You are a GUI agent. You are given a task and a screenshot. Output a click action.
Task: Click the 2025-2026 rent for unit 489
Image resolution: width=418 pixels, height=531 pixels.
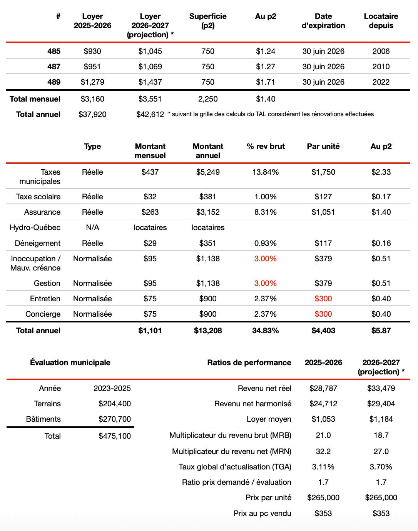[92, 82]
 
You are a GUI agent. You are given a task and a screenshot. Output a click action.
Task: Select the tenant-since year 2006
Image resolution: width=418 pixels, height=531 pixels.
[381, 51]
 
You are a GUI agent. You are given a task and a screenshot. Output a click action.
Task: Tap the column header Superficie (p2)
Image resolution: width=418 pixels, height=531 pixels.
[208, 21]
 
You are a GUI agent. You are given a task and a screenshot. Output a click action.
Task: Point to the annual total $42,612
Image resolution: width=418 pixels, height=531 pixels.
[150, 114]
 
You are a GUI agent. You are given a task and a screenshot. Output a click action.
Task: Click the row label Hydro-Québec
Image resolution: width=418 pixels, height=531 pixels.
[35, 227]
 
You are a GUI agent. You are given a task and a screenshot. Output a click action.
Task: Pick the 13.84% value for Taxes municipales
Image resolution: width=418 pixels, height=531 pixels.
[265, 172]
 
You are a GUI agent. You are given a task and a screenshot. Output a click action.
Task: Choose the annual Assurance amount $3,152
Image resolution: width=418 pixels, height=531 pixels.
[208, 212]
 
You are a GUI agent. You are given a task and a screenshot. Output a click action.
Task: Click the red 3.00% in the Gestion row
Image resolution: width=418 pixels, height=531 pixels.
[265, 283]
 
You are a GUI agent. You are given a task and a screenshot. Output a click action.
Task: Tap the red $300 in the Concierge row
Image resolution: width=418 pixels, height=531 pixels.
[323, 314]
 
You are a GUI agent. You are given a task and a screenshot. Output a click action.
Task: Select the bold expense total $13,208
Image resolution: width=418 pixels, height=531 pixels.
[208, 331]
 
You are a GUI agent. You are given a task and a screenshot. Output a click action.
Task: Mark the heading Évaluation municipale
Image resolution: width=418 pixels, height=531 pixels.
[70, 362]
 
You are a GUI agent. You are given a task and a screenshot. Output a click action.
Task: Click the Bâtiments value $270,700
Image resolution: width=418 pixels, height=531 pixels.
[115, 419]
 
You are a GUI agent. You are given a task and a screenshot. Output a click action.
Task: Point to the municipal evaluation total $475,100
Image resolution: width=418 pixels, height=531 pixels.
[115, 436]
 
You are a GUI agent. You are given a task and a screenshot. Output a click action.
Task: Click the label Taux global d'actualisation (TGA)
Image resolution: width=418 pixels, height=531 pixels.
[235, 467]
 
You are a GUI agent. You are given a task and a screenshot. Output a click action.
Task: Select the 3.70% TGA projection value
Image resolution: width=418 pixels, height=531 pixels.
[381, 467]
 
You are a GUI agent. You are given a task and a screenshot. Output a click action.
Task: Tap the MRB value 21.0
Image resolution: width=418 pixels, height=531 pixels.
[323, 435]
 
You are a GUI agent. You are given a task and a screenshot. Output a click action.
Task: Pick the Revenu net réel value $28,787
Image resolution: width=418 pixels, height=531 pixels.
[323, 388]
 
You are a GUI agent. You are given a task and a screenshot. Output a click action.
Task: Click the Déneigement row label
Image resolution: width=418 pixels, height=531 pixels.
[38, 243]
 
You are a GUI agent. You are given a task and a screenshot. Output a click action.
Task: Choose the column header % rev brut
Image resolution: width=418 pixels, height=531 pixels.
[266, 146]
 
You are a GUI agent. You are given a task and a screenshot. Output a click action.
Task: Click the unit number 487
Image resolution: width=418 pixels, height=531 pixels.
[54, 67]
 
